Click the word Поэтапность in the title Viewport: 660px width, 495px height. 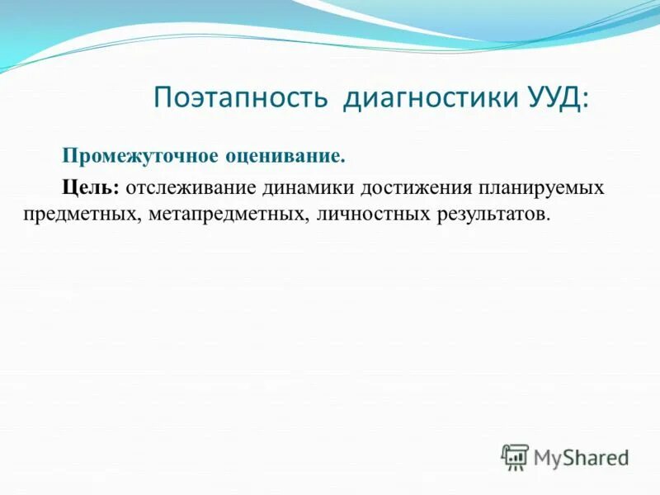point(242,99)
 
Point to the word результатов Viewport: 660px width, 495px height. point(487,214)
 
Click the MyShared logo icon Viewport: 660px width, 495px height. point(515,456)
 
